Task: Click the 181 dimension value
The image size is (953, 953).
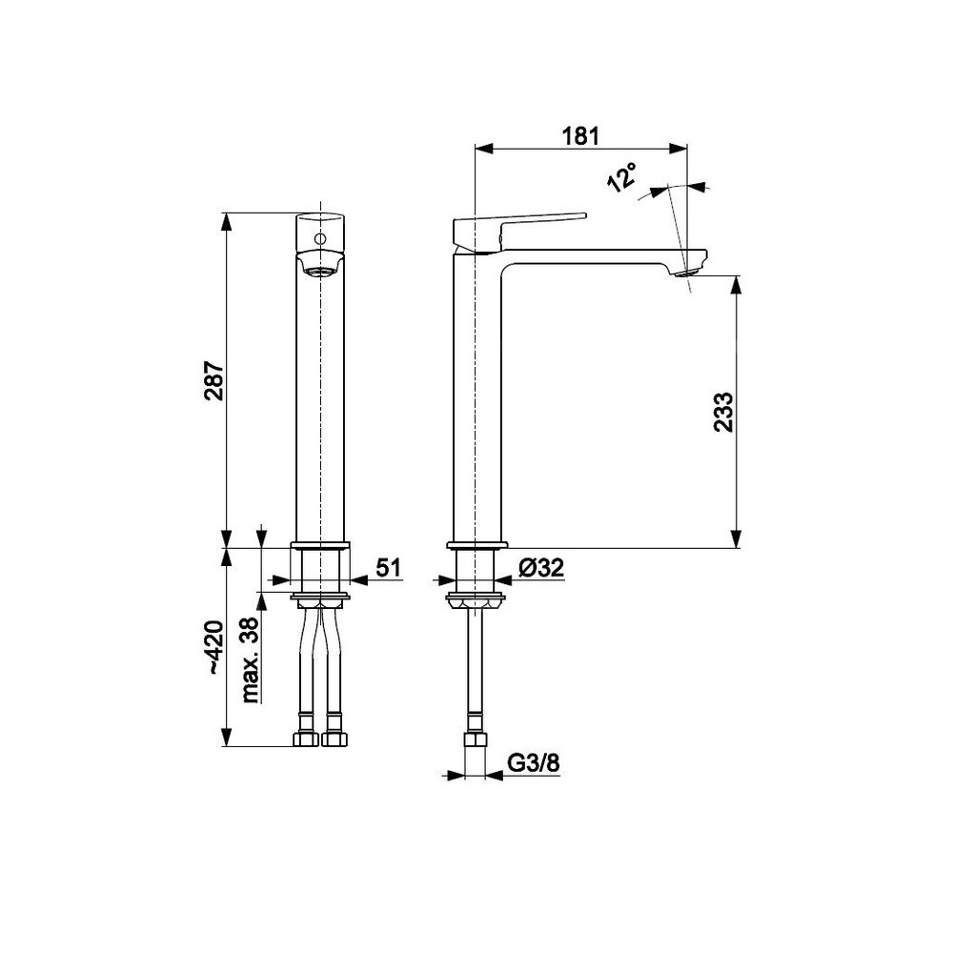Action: coord(580,136)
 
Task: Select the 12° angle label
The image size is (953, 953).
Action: coord(622,177)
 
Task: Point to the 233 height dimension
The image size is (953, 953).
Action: coord(723,412)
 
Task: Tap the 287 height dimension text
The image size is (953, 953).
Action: coord(213,381)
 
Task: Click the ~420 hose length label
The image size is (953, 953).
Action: coord(213,647)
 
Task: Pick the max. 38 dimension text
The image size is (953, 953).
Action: coord(250,660)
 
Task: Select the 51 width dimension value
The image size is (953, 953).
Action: coord(389,568)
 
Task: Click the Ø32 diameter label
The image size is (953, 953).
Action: coord(541,568)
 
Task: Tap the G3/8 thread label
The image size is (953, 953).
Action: coord(533,762)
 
